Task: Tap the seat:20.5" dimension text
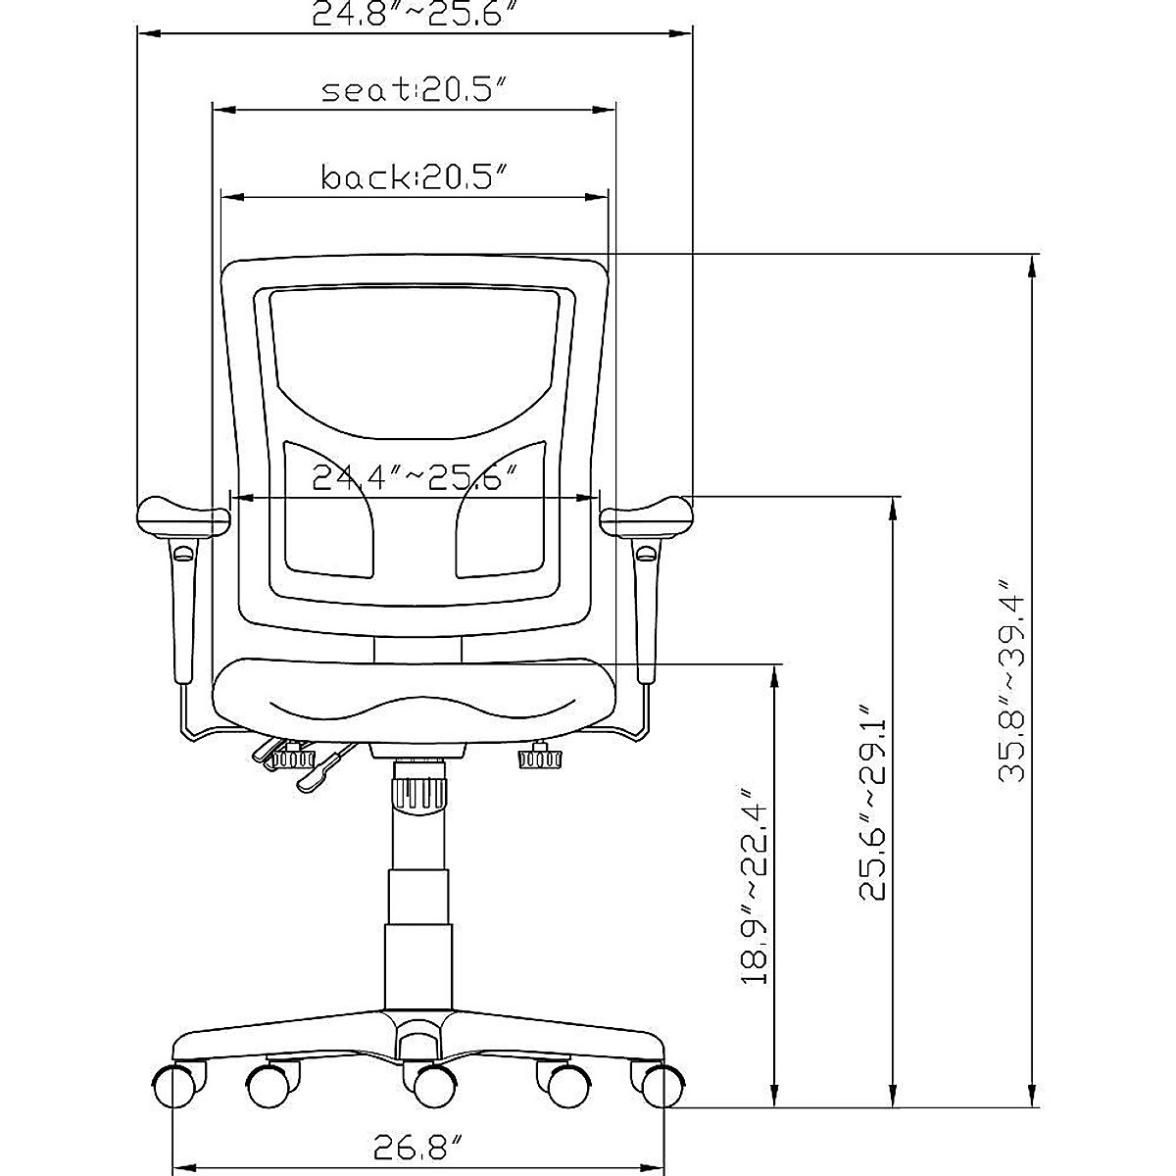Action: [x=415, y=90]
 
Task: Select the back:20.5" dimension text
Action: [x=415, y=177]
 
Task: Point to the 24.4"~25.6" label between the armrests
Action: [x=415, y=478]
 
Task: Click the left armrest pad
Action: [x=182, y=516]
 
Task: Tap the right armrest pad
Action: [x=647, y=516]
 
